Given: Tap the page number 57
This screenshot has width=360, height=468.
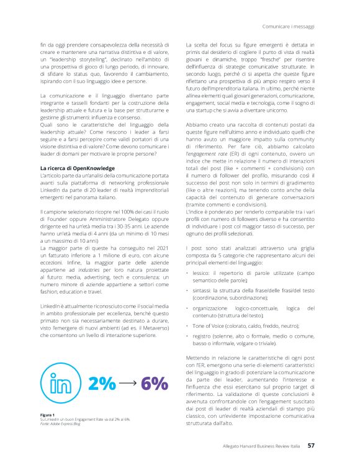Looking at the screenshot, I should [x=311, y=445].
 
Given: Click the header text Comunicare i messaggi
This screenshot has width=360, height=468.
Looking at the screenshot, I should [x=289, y=27].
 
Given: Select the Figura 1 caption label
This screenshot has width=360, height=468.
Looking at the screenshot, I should [x=48, y=414].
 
